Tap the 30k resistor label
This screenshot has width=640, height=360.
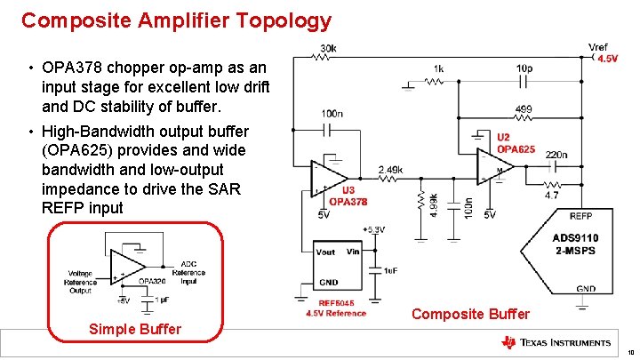tap(328, 47)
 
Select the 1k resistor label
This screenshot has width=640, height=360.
tap(438, 68)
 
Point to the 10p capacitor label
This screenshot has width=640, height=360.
tap(524, 68)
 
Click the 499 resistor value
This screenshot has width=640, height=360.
tap(524, 110)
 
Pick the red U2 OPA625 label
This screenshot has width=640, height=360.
tap(516, 143)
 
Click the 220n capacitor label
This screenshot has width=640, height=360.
tap(557, 155)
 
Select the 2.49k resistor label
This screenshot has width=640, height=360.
tap(391, 169)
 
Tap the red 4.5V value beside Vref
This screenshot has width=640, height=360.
tap(608, 59)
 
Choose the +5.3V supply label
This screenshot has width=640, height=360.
tap(374, 229)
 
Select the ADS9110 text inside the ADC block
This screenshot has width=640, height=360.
tap(575, 237)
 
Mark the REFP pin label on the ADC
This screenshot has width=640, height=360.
tap(580, 216)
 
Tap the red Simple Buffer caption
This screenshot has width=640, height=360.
tap(135, 330)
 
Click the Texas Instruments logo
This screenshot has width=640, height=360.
tap(556, 342)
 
